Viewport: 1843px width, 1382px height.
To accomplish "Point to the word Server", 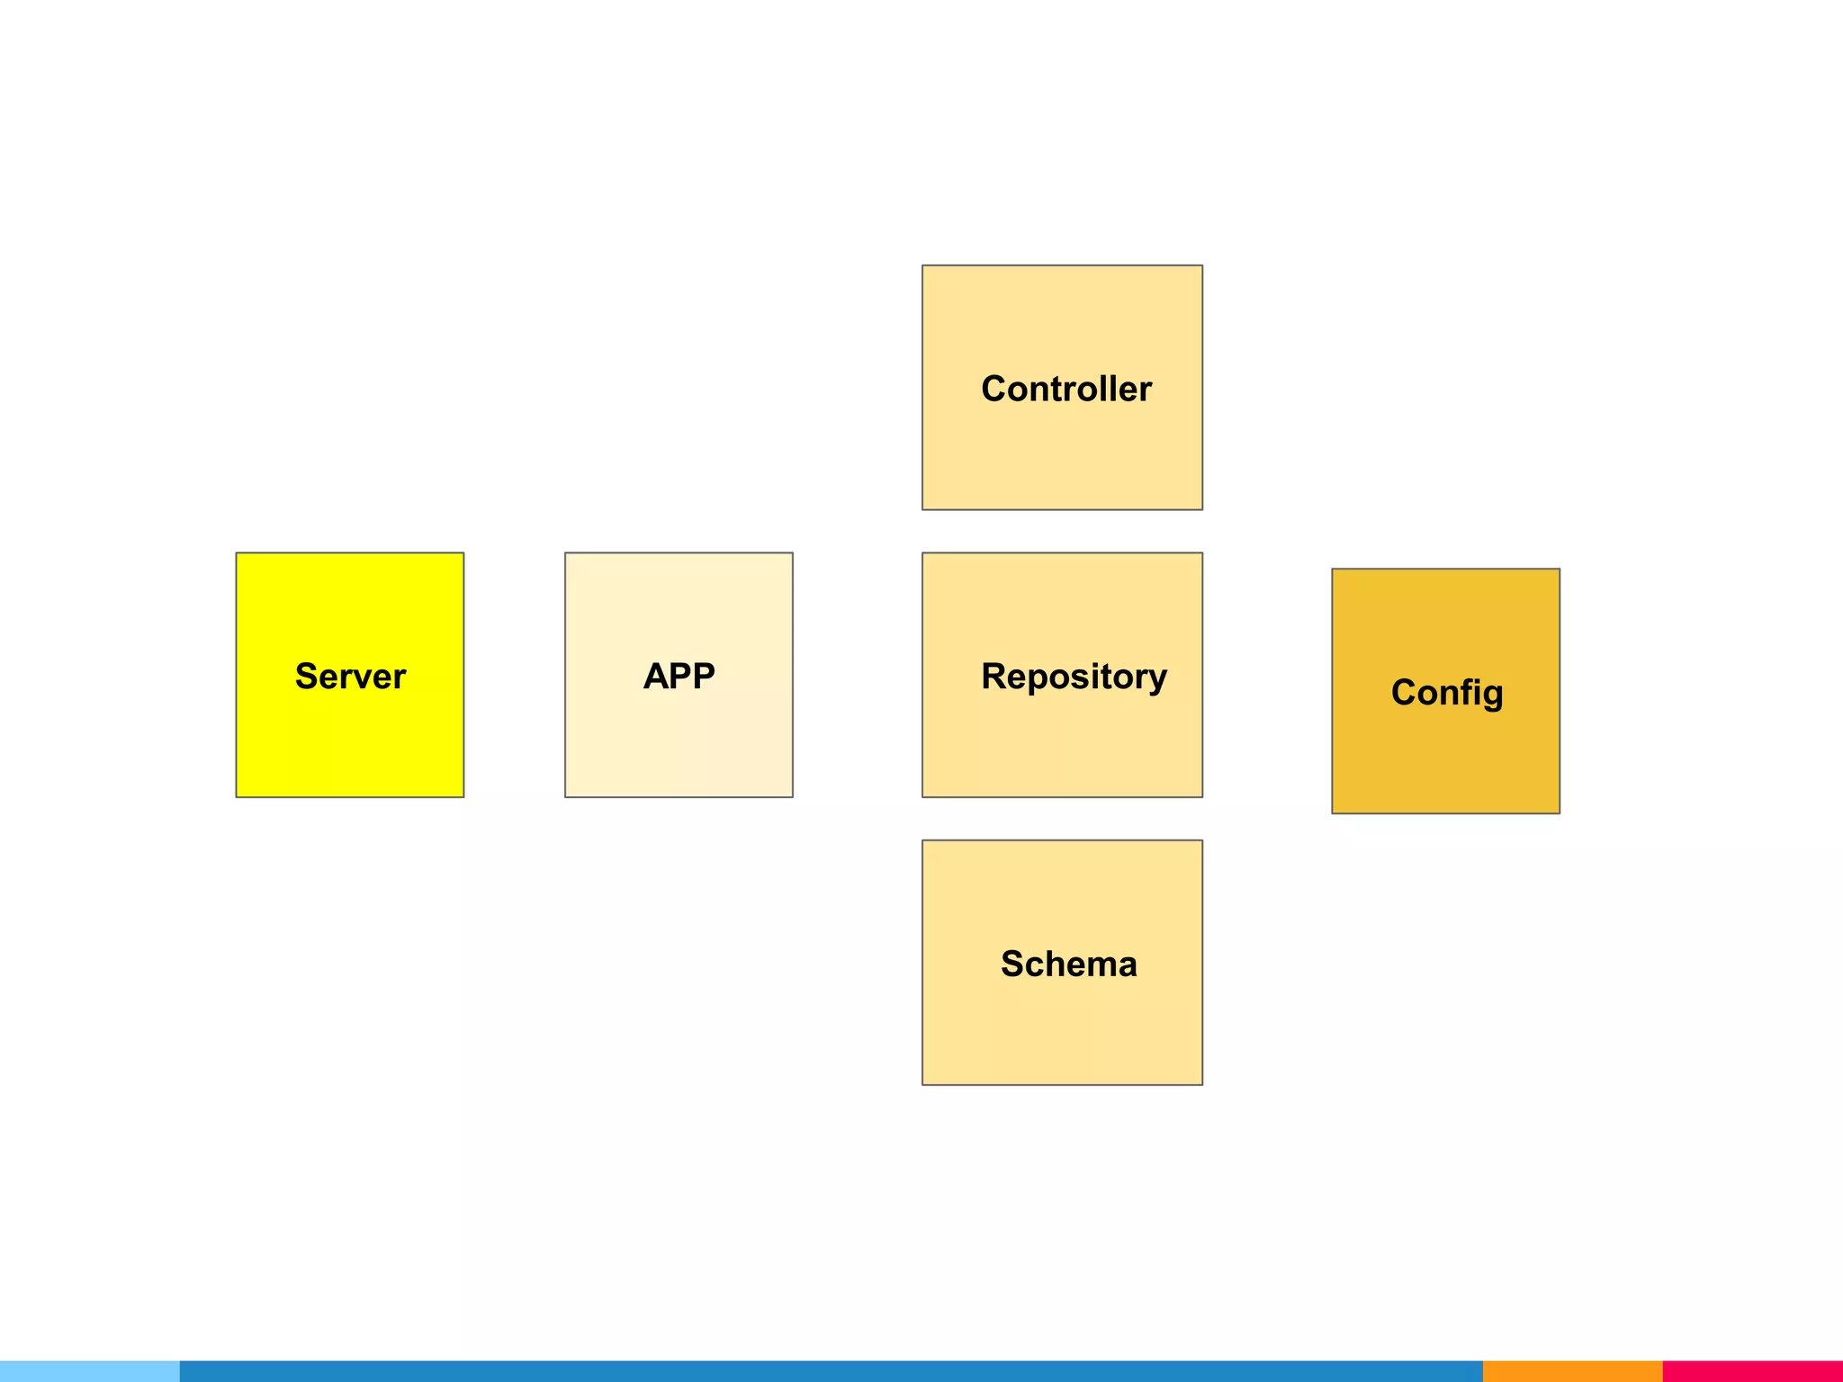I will (x=350, y=677).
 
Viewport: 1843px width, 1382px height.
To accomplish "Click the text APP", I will (x=679, y=676).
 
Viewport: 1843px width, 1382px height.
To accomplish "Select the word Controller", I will (x=1066, y=389).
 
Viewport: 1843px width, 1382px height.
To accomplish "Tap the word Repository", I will (x=1074, y=677).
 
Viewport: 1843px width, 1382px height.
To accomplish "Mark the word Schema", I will (x=1068, y=964).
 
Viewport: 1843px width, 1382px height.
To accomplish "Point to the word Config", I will (x=1446, y=693).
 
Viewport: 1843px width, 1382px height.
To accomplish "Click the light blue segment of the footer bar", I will (x=90, y=1371).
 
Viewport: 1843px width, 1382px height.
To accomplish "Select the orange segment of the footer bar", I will (x=1572, y=1371).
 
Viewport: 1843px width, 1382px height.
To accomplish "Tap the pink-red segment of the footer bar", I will (x=1752, y=1371).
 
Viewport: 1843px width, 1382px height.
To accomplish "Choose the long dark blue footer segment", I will (x=831, y=1371).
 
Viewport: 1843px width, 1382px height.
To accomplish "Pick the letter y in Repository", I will (x=1156, y=680).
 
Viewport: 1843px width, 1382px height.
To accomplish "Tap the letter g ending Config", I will (x=1492, y=695).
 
